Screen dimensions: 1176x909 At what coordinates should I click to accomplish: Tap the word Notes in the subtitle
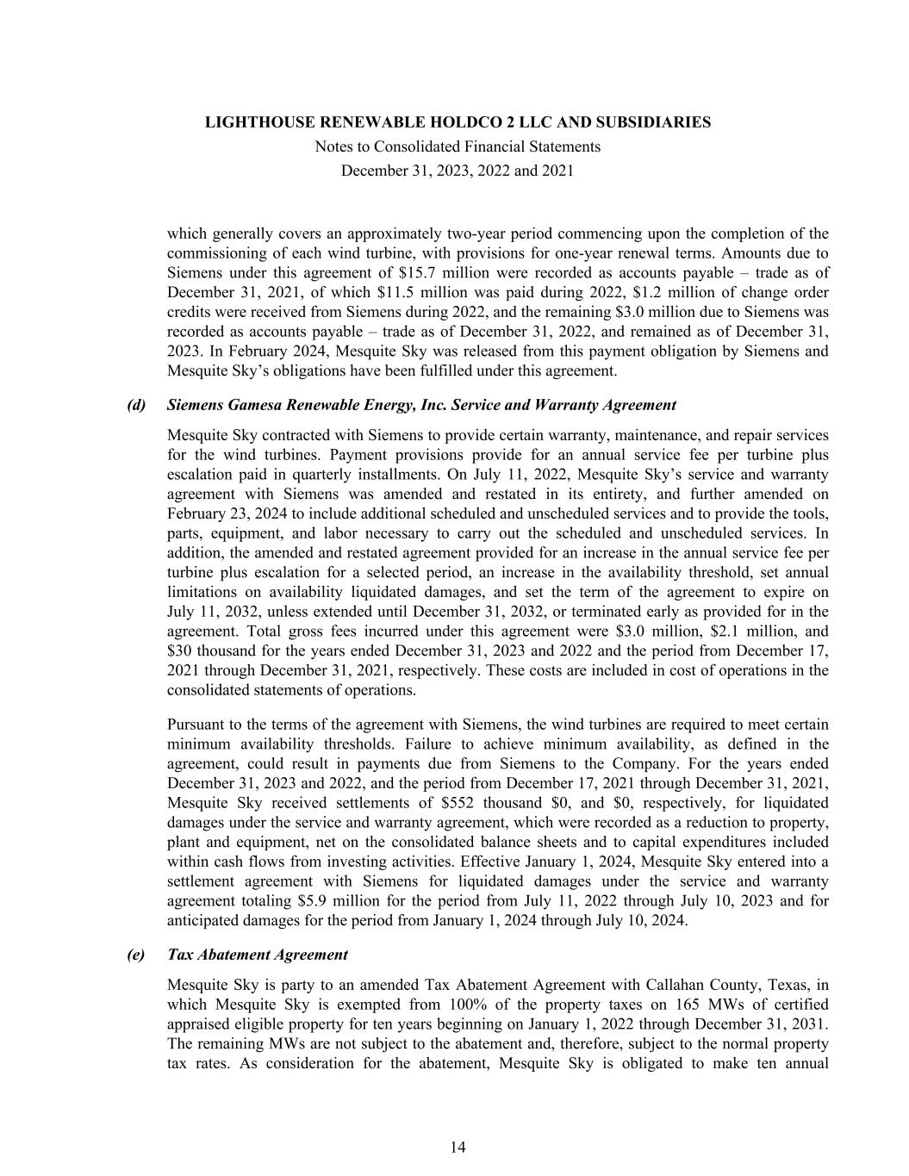coord(333,146)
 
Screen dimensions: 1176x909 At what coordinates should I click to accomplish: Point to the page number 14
coord(458,1147)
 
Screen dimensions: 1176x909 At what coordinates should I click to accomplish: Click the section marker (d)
coord(136,405)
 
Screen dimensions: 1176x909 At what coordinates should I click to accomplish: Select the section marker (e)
coord(136,955)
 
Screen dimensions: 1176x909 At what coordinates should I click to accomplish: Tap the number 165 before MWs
coord(682,1005)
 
